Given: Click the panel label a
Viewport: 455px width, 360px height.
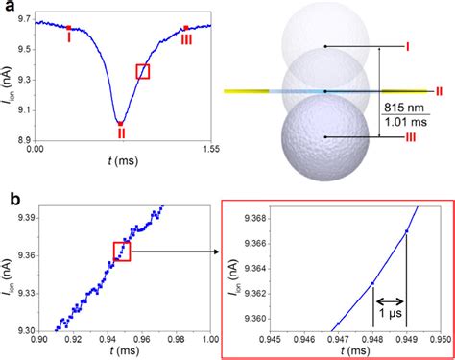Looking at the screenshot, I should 8,8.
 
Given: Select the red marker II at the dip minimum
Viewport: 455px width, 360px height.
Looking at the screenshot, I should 119,123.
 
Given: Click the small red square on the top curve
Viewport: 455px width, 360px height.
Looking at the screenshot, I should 143,70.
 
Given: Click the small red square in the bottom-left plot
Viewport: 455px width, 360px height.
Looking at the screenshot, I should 122,252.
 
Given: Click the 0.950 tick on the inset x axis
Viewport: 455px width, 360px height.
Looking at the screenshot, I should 439,337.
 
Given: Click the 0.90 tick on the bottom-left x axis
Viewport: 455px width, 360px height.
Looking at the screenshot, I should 39,337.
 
